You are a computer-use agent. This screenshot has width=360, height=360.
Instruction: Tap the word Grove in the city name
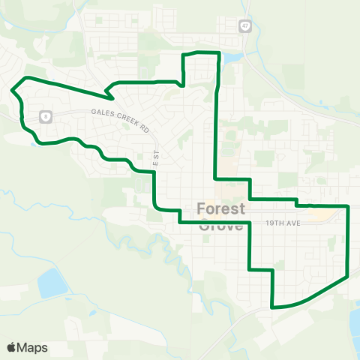223,224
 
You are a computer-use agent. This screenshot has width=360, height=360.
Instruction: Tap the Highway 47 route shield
244,26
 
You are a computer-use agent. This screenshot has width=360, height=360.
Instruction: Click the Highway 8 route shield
46,116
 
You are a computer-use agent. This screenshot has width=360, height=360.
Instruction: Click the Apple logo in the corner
12,347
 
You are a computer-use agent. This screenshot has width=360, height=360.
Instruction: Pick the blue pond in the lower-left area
51,283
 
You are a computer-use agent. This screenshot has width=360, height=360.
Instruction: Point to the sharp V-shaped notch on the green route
109,96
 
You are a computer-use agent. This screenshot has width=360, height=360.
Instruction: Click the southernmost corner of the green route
273,307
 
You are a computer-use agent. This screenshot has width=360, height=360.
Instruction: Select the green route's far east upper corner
349,205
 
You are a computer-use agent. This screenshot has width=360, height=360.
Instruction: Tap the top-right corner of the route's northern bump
218,52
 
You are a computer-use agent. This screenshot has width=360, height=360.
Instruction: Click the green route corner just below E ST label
154,173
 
